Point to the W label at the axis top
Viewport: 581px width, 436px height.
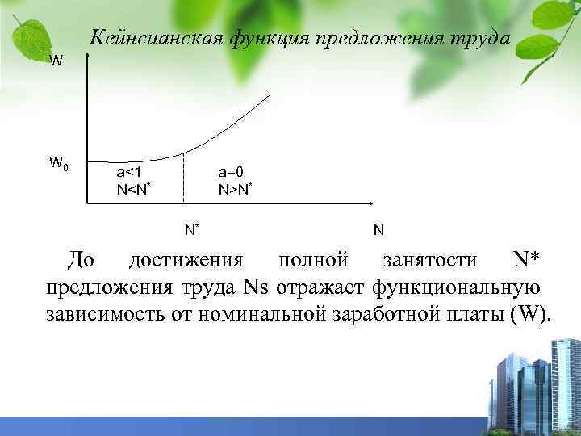coord(55,61)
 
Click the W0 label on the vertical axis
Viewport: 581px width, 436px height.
coord(57,163)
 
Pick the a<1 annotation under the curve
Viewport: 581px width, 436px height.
coord(131,172)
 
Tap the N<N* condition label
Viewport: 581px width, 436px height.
coord(135,191)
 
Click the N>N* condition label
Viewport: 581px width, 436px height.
coord(236,191)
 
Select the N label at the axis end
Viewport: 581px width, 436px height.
coord(378,230)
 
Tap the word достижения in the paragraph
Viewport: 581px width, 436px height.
coord(186,261)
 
